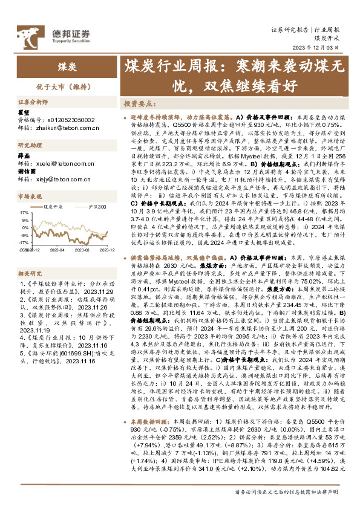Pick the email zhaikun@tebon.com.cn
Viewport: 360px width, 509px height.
point(63,128)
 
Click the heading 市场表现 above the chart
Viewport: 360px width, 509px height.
point(29,196)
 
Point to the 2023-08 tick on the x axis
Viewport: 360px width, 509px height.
point(83,248)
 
